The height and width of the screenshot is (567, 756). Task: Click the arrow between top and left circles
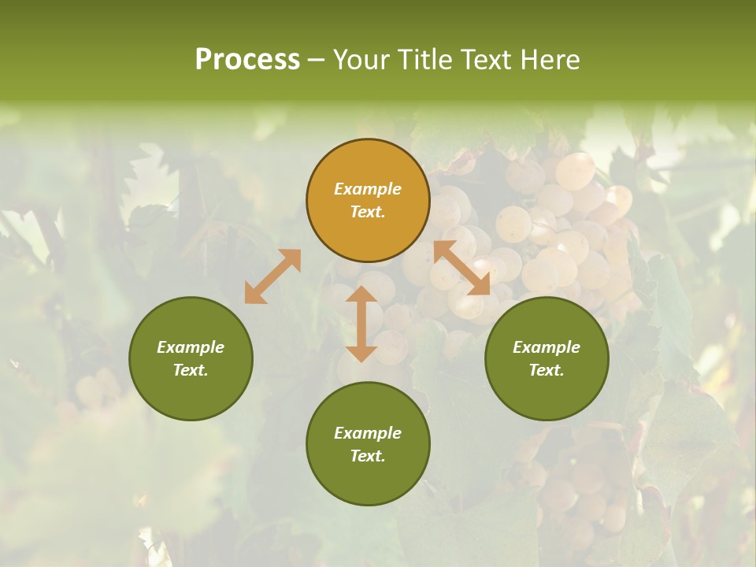pos(272,276)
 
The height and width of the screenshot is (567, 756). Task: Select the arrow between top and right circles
pos(461,268)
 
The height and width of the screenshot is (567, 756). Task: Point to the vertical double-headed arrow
pos(361,324)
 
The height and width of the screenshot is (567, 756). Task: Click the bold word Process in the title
pos(247,60)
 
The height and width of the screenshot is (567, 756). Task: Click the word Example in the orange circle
pos(368,189)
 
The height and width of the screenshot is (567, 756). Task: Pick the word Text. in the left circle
pos(191,370)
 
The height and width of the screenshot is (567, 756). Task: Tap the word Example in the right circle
pos(547,347)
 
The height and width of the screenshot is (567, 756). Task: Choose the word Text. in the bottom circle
pos(368,456)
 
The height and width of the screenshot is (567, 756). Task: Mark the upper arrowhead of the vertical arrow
pos(361,295)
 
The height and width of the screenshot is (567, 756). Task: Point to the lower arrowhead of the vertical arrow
pos(361,353)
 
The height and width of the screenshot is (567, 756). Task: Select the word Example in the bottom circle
pos(368,433)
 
